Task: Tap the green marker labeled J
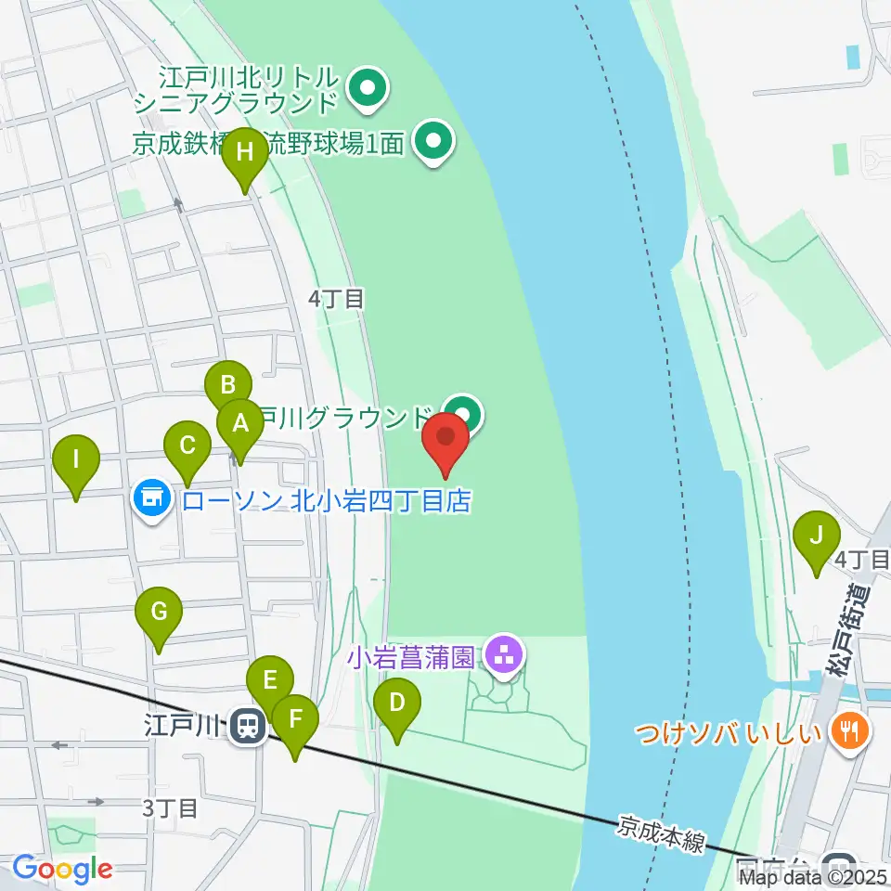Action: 817,535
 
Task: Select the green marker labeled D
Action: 396,703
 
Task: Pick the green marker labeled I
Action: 76,459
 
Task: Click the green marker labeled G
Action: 159,613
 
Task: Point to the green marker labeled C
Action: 187,446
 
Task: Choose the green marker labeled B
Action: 228,384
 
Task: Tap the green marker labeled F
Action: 295,719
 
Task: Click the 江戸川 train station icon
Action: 247,725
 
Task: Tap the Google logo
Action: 61,870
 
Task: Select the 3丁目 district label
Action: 171,807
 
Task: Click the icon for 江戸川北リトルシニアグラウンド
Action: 368,90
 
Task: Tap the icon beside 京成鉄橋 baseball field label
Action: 433,143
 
